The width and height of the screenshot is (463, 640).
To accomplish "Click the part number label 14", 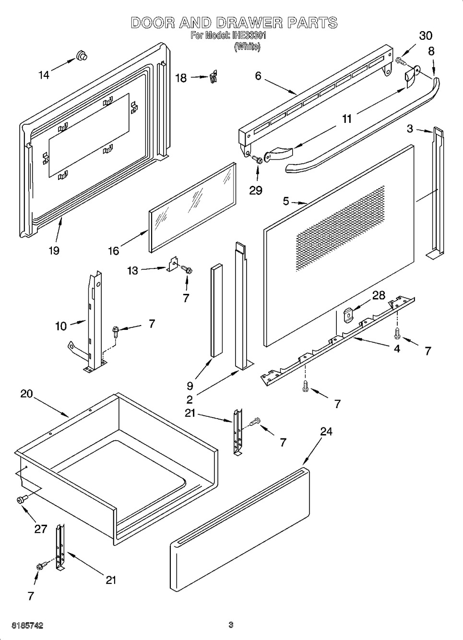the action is click(x=44, y=75).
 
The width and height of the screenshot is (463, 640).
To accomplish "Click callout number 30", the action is click(x=426, y=36).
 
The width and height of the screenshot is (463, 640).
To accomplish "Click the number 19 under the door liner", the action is click(x=54, y=251).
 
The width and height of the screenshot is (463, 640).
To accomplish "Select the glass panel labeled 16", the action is click(x=193, y=208).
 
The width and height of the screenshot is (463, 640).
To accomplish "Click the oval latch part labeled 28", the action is click(x=347, y=315).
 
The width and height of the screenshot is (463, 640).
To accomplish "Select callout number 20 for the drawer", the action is click(x=26, y=394).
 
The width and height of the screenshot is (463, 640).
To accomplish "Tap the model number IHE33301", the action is click(x=249, y=36).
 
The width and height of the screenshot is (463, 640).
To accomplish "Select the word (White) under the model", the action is click(x=247, y=47).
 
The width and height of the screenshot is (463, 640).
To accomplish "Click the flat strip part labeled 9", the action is click(x=217, y=310).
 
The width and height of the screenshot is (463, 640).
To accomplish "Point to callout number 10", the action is click(x=61, y=326).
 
